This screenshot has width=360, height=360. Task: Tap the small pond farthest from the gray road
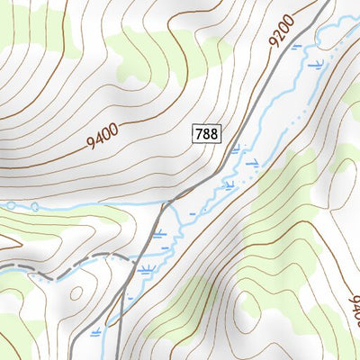click(x=11, y=205)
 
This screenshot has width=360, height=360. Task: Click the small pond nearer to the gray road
click(x=34, y=207)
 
